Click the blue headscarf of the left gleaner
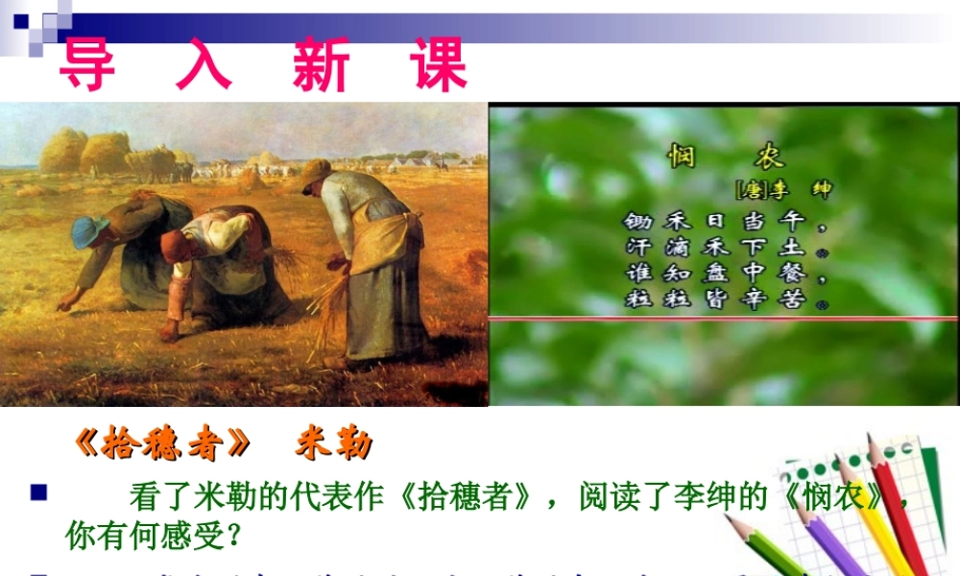(89, 231)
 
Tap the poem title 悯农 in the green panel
(726, 156)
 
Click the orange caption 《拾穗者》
(162, 444)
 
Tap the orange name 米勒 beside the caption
(333, 444)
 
